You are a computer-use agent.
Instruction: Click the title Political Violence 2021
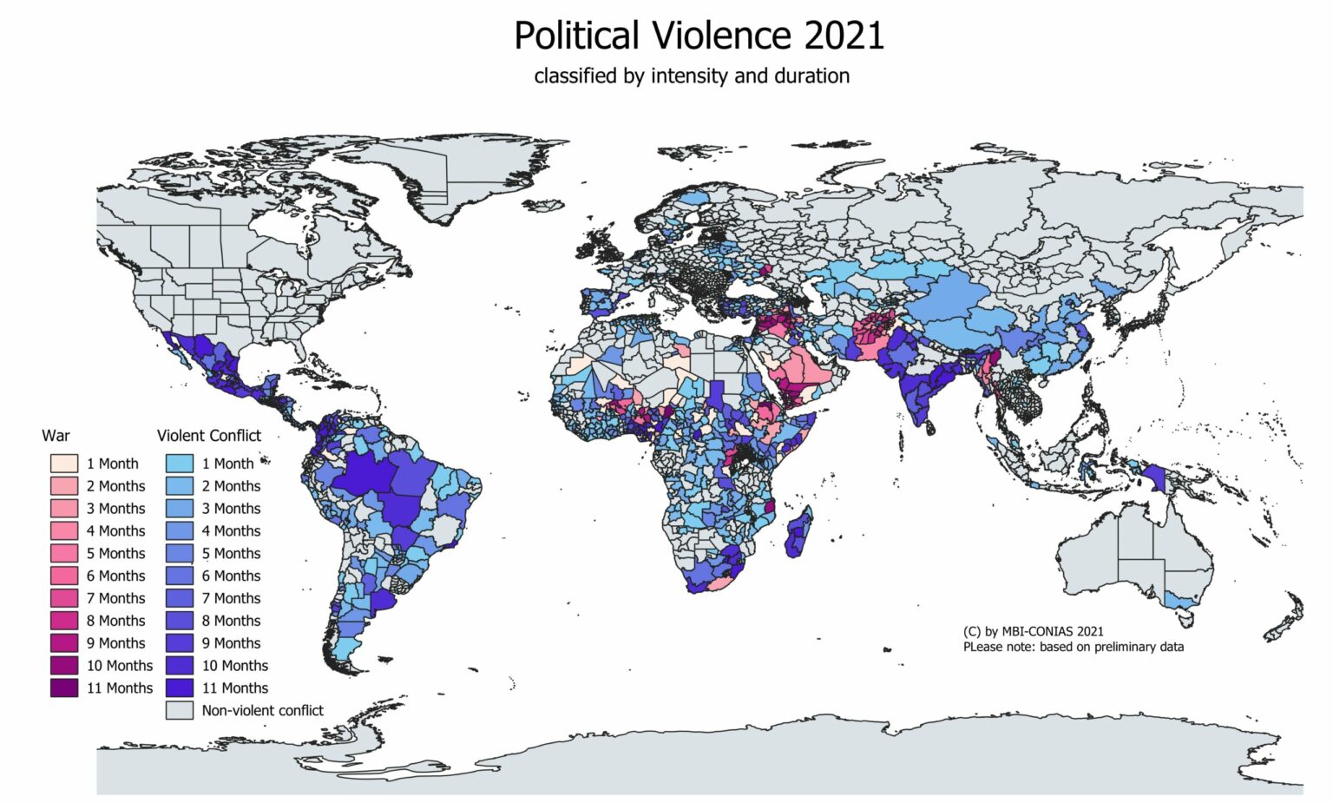click(x=699, y=36)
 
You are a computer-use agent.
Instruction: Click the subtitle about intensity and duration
click(x=692, y=76)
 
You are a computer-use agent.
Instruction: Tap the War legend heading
click(x=56, y=436)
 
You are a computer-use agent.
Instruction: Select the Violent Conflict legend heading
click(x=208, y=436)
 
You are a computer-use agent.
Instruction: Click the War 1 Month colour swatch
click(x=64, y=464)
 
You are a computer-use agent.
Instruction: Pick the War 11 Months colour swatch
click(x=64, y=688)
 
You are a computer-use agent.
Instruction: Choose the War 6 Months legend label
click(x=115, y=576)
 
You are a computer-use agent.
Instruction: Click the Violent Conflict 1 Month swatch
click(x=180, y=464)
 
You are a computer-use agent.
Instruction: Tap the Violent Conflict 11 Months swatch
click(x=180, y=688)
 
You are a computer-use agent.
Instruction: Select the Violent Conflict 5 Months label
click(x=231, y=553)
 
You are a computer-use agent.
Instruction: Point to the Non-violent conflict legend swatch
click(x=180, y=710)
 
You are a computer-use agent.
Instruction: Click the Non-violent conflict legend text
click(x=262, y=710)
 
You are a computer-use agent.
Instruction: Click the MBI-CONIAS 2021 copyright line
click(x=1033, y=631)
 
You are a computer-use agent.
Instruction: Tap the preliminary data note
click(x=1073, y=647)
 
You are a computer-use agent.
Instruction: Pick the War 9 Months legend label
click(x=115, y=643)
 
